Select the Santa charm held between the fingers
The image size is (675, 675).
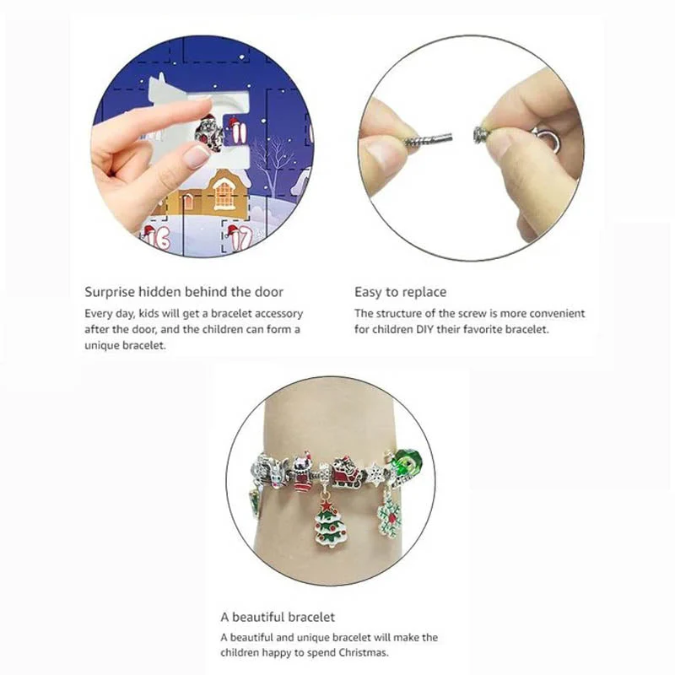click(x=208, y=132)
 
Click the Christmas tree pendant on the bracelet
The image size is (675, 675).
click(x=329, y=521)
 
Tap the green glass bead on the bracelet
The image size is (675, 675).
click(x=407, y=462)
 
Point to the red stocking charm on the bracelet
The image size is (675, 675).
click(x=303, y=472)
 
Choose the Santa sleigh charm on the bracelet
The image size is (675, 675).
click(x=346, y=471)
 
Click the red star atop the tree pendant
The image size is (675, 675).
click(x=326, y=504)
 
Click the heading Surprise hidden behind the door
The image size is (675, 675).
click(x=184, y=292)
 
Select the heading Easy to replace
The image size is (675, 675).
click(x=400, y=292)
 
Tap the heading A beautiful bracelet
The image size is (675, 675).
click(x=278, y=617)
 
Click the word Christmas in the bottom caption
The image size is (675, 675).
click(x=363, y=652)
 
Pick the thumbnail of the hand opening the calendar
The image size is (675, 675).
click(x=202, y=146)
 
